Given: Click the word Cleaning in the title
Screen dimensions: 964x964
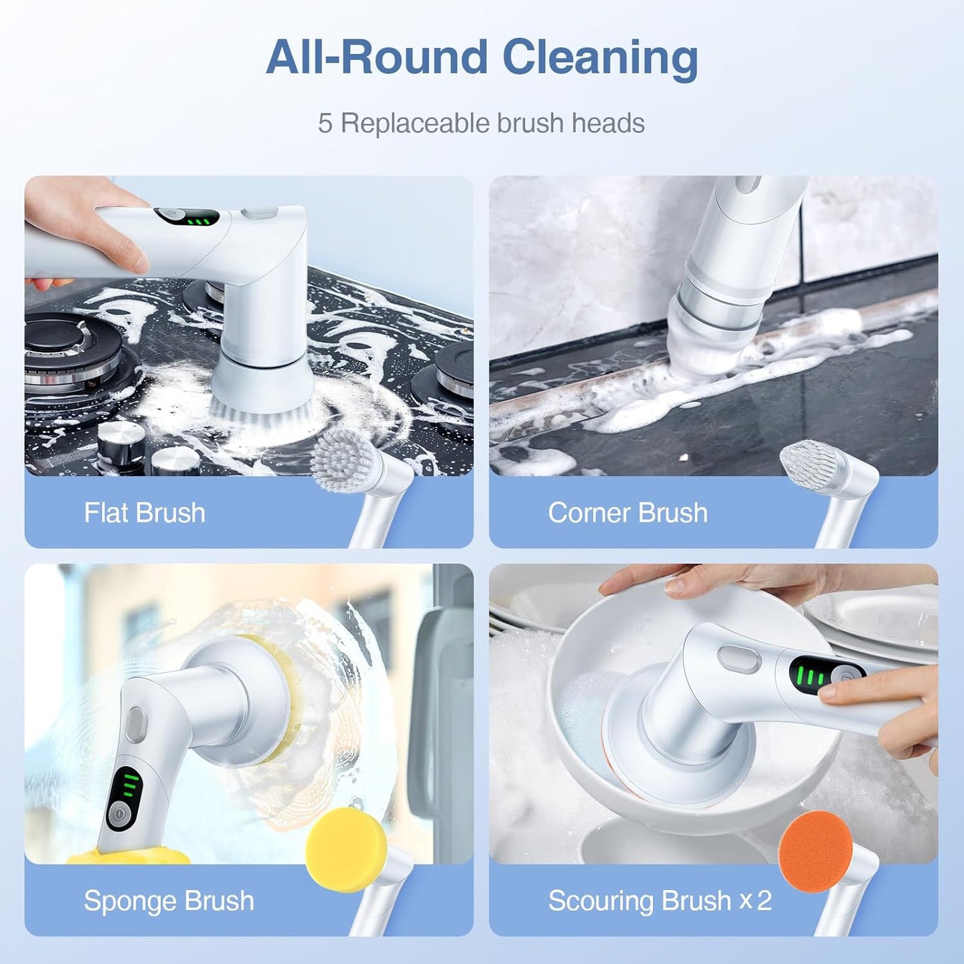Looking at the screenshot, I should click(x=600, y=58).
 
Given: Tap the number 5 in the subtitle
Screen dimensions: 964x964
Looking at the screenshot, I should click(x=325, y=123).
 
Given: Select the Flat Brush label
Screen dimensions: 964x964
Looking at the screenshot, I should click(x=144, y=513).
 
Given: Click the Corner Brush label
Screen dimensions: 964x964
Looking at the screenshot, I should click(x=627, y=513).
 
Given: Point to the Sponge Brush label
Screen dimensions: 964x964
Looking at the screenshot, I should click(x=169, y=901).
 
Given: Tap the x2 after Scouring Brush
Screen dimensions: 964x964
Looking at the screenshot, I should click(x=756, y=901).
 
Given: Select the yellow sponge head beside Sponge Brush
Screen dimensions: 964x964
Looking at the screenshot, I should click(x=346, y=849).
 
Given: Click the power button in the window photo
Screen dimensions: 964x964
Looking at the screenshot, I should click(x=117, y=815).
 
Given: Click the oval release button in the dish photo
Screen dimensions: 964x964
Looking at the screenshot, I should click(x=739, y=659).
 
